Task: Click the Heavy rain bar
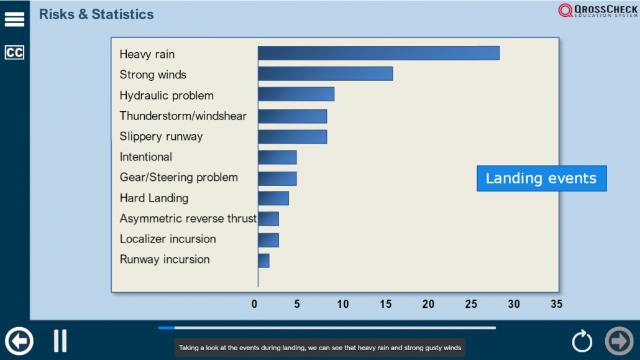coord(379,53)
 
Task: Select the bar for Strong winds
coord(326,73)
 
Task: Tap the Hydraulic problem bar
coord(296,94)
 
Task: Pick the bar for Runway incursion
coord(263,261)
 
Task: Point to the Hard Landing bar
coord(273,198)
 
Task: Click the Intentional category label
coord(146,157)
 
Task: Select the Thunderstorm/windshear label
coord(183,116)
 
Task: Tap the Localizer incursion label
coord(168,239)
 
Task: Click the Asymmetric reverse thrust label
coord(188,219)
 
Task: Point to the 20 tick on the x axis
coord(428,304)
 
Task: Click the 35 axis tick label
coord(556,304)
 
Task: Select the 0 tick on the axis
coord(254,304)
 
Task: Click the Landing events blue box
coord(542,178)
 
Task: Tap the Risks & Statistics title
coord(96,14)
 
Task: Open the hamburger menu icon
coord(14,19)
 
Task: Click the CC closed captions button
coord(14,52)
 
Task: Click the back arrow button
coord(19,341)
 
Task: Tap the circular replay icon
coord(582,341)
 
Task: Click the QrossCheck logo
coord(598,10)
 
